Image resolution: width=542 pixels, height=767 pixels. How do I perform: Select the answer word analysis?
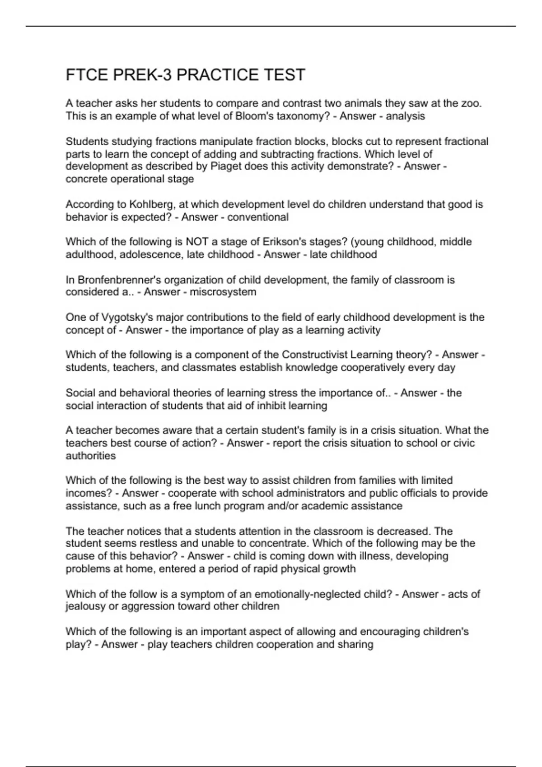click(x=405, y=116)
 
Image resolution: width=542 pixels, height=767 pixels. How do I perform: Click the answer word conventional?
click(x=257, y=217)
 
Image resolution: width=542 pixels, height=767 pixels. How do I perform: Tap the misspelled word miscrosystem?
click(x=223, y=292)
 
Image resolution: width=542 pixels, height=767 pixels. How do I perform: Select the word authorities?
click(x=91, y=456)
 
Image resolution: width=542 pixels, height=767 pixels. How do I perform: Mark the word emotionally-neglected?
click(x=308, y=594)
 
